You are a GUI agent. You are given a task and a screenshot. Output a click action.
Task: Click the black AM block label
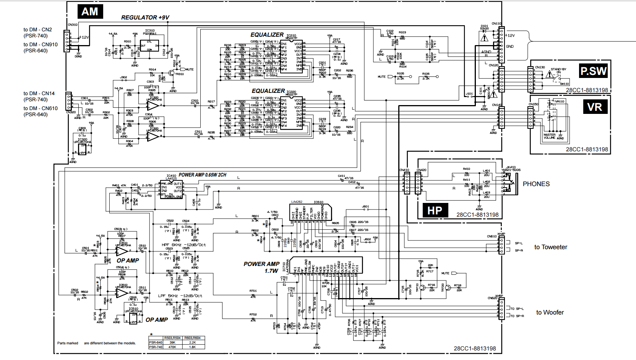click(90, 12)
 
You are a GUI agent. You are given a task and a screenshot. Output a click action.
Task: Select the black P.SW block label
click(593, 71)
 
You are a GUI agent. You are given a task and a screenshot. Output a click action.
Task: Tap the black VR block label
click(594, 107)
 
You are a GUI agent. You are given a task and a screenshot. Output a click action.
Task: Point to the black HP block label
click(435, 211)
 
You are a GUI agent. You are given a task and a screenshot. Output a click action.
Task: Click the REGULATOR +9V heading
click(145, 18)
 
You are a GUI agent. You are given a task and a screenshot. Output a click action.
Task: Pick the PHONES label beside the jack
click(536, 184)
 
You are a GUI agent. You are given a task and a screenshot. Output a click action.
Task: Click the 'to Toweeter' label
click(550, 247)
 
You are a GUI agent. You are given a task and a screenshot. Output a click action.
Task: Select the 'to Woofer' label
click(550, 313)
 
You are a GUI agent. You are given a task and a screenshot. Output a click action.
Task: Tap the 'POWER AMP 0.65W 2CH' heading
click(202, 175)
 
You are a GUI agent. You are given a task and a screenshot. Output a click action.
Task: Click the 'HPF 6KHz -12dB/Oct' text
click(183, 245)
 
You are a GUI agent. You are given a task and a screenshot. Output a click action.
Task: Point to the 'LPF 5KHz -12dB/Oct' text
click(180, 296)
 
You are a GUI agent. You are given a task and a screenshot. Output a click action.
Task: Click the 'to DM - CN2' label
click(37, 30)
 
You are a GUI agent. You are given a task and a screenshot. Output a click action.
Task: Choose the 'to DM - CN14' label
click(39, 94)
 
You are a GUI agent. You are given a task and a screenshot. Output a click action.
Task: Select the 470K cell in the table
click(172, 347)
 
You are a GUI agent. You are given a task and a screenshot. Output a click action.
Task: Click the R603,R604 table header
click(192, 338)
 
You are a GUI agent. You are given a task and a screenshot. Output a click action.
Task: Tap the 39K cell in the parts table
click(172, 342)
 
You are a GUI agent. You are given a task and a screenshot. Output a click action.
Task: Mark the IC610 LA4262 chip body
click(310, 212)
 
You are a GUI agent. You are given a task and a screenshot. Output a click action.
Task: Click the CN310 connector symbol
click(67, 40)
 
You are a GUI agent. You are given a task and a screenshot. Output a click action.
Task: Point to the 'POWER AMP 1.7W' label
click(261, 267)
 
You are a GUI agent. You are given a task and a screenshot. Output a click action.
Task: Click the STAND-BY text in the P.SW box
click(558, 69)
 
